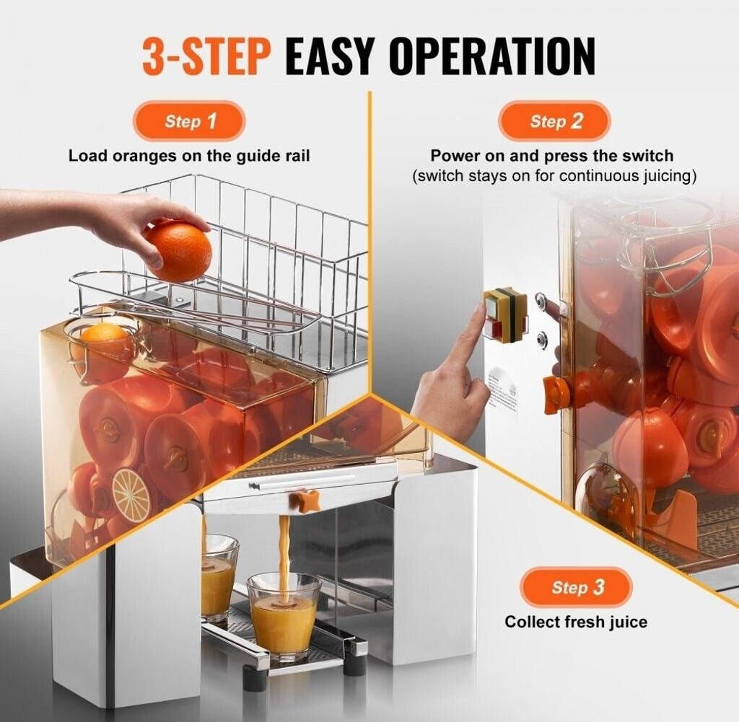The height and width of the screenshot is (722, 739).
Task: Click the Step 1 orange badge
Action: (188, 121)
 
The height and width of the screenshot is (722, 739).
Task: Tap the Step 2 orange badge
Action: (554, 121)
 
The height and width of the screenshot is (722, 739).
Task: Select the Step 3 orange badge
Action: (576, 587)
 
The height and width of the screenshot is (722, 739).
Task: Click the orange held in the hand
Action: (178, 250)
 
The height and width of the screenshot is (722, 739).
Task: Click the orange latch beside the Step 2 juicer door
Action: (555, 392)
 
